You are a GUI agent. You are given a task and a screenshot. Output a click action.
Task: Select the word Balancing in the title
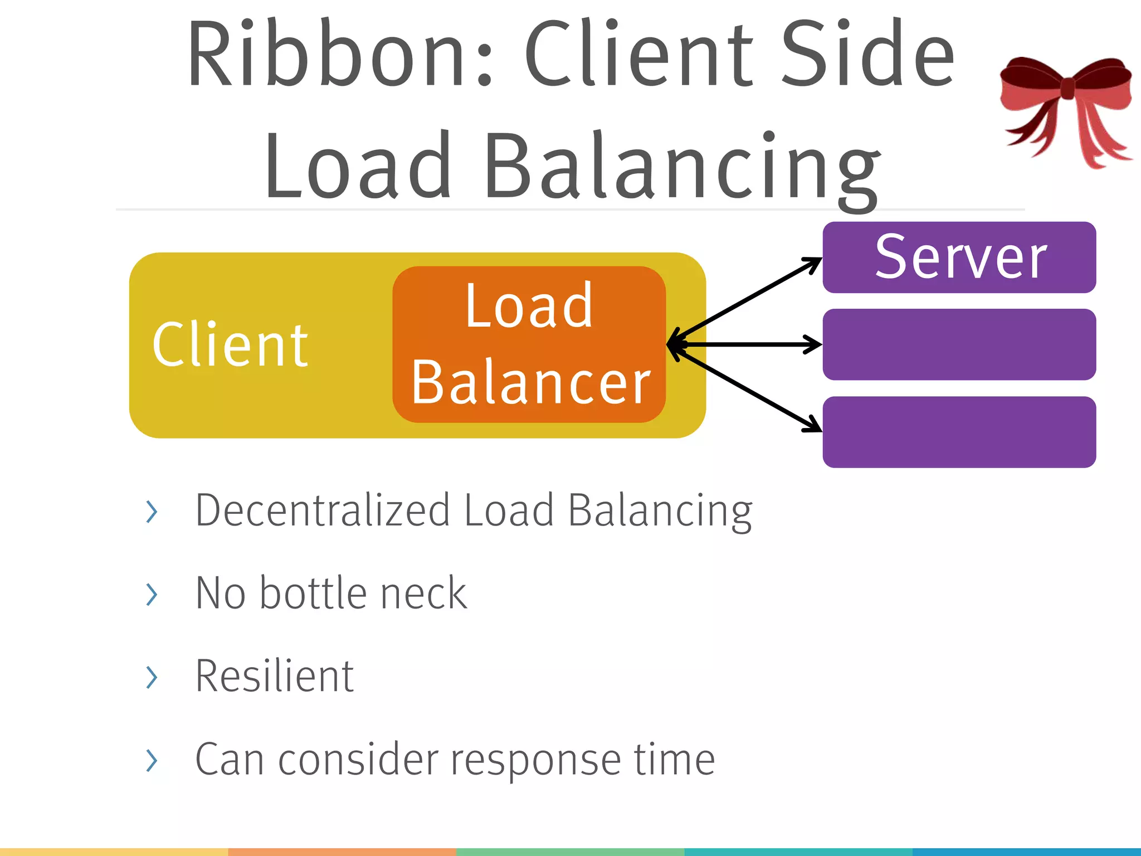(x=682, y=167)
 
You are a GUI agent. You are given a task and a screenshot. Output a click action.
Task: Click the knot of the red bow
(x=1067, y=88)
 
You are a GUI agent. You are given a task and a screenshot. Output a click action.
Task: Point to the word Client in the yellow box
(x=230, y=346)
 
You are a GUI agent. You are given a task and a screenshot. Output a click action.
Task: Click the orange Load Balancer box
(x=529, y=344)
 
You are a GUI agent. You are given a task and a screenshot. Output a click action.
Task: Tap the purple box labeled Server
(x=959, y=257)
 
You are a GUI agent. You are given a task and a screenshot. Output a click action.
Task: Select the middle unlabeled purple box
(x=959, y=344)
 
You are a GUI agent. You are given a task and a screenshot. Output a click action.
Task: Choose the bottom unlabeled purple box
(x=959, y=432)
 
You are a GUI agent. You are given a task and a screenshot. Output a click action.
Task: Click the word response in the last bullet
(x=535, y=761)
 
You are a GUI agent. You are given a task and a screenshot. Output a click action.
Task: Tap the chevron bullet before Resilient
(x=151, y=677)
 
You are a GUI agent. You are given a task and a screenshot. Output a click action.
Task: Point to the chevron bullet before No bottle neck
(x=151, y=594)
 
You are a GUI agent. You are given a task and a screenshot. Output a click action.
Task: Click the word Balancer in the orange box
(x=530, y=382)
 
